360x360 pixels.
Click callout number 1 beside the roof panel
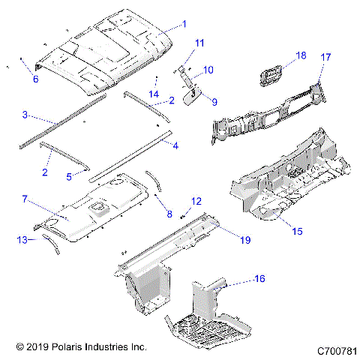pyautogui.click(x=184, y=24)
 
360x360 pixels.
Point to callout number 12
pyautogui.click(x=196, y=201)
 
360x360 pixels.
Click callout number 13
pyautogui.click(x=22, y=239)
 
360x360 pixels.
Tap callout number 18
pyautogui.click(x=301, y=55)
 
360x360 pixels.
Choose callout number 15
pyautogui.click(x=297, y=232)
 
